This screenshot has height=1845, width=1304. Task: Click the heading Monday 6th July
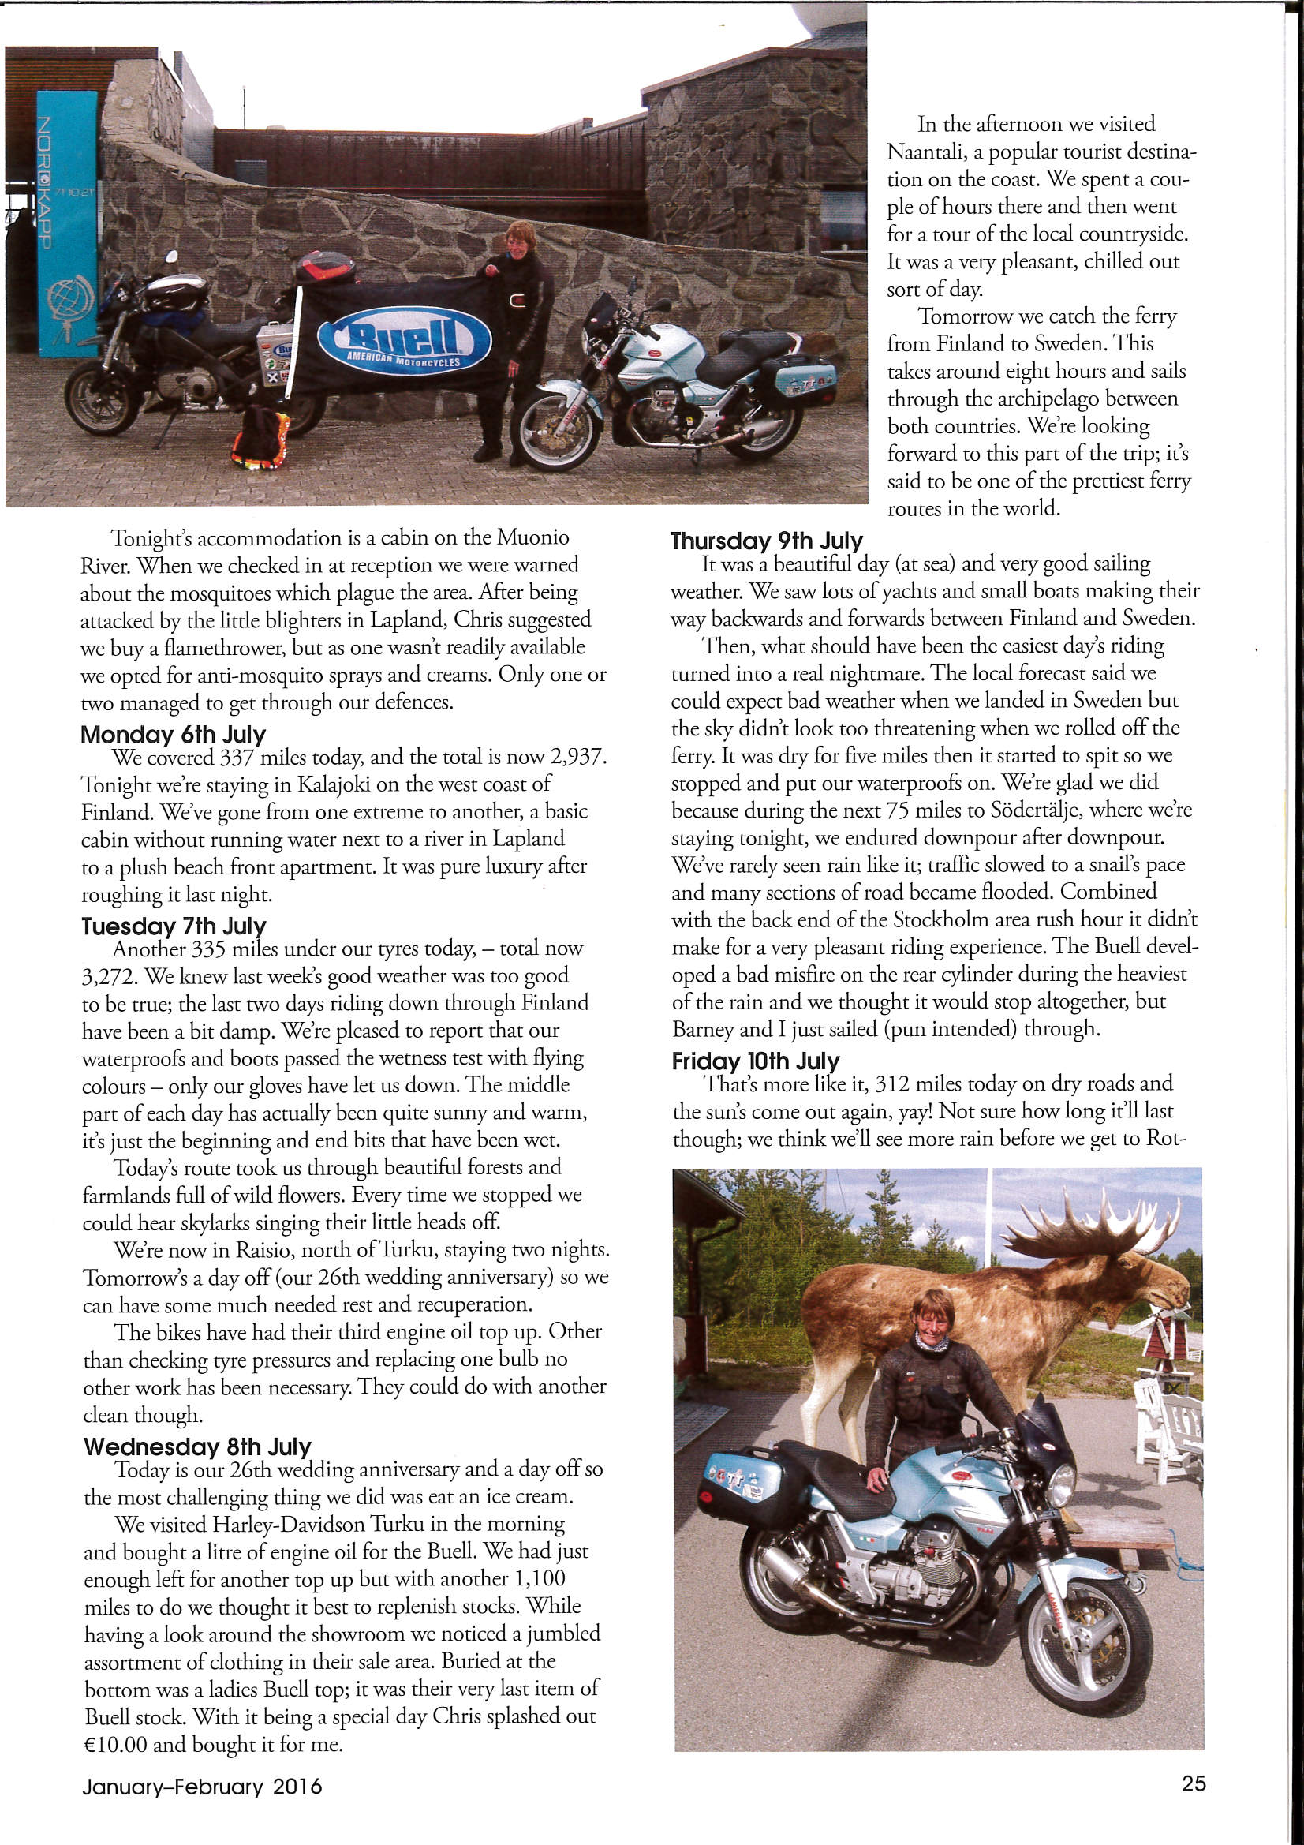coord(173,735)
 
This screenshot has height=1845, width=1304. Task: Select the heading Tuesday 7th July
coord(174,926)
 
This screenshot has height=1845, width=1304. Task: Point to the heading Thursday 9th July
coord(767,541)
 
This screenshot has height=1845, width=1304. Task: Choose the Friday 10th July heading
coord(755,1061)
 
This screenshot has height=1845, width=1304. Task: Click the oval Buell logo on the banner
coord(403,341)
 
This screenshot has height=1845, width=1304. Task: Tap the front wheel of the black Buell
coord(101,399)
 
